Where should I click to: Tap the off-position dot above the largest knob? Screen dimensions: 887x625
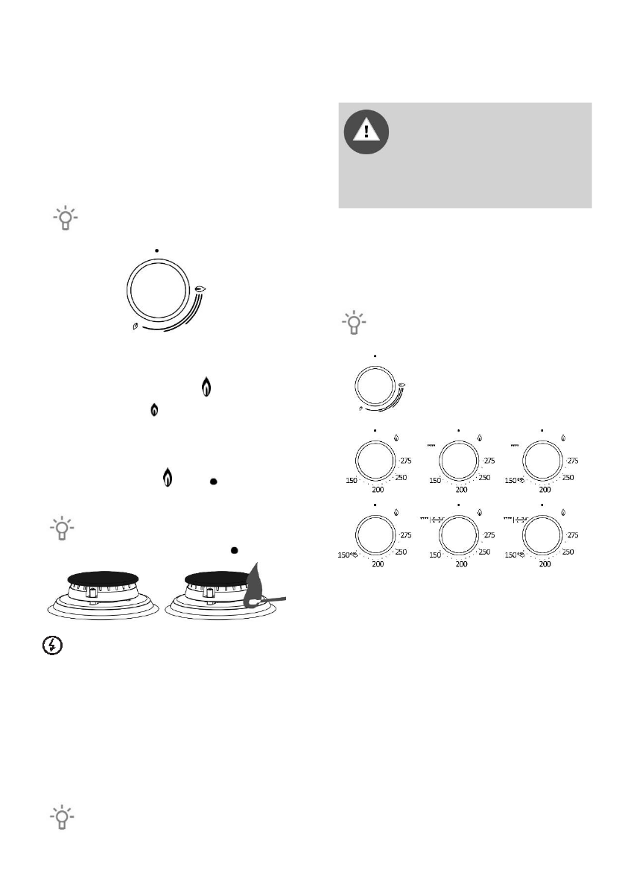(156, 250)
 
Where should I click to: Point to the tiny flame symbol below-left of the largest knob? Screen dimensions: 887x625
(134, 326)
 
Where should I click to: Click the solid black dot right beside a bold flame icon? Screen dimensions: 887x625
(212, 482)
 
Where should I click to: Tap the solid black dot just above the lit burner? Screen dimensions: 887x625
(235, 550)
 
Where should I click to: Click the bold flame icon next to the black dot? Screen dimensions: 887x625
(168, 478)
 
